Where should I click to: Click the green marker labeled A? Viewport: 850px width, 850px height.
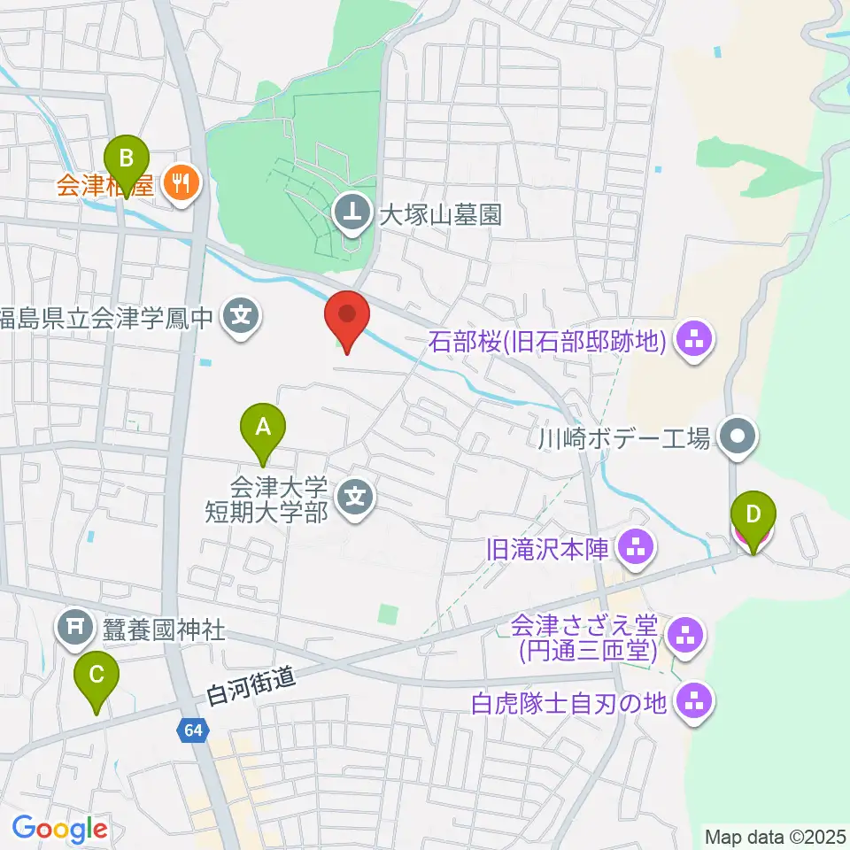263,428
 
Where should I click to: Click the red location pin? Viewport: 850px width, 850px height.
347,316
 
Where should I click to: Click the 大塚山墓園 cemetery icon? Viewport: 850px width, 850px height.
352,212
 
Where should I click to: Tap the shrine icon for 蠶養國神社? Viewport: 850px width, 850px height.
74,629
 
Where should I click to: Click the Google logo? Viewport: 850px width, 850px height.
60,829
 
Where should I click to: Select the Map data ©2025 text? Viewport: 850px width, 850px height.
774,835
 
